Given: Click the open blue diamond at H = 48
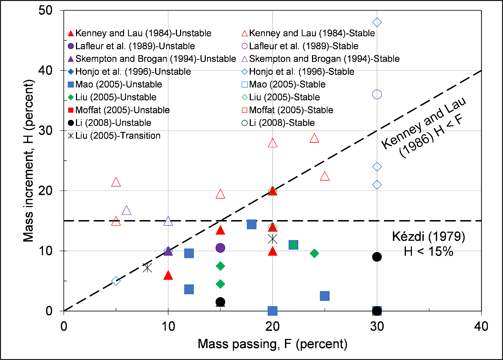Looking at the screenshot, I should [x=377, y=22].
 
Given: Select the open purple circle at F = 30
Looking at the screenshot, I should [x=377, y=95].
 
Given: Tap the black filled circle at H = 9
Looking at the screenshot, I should [x=377, y=257].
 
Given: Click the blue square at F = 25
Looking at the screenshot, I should [x=325, y=296].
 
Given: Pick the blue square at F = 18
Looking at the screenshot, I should [x=251, y=224].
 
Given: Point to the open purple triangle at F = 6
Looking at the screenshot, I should [x=126, y=211].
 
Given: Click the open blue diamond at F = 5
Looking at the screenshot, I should [x=116, y=281].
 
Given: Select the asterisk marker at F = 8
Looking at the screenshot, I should [x=147, y=268].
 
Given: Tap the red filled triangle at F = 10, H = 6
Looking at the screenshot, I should [x=168, y=275].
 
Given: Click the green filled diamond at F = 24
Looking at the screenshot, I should [x=314, y=253].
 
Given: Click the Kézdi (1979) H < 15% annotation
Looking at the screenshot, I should [x=428, y=244].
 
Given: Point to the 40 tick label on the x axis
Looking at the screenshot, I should [x=481, y=327].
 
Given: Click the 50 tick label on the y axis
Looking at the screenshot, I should [x=45, y=10].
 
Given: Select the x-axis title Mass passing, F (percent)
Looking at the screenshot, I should [x=272, y=344].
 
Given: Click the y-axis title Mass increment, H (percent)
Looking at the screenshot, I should [x=29, y=161].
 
